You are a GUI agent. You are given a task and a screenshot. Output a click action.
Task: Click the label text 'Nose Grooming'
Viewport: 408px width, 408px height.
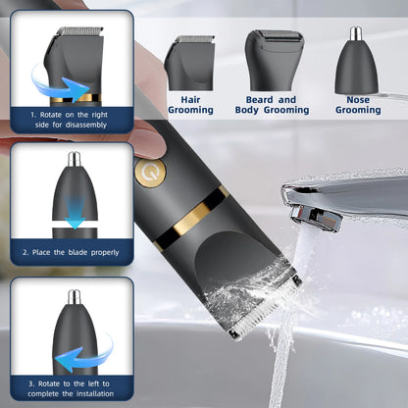click(358, 105)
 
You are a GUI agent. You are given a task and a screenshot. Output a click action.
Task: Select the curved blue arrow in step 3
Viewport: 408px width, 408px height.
click(91, 345)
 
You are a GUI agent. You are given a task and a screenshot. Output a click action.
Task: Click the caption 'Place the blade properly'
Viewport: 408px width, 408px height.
click(73, 253)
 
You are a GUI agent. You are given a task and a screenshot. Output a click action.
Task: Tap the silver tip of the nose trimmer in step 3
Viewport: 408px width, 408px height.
click(74, 295)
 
